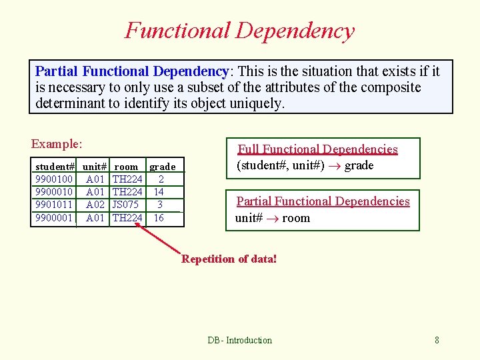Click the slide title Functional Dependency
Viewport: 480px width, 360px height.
(x=239, y=31)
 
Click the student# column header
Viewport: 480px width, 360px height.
(x=55, y=167)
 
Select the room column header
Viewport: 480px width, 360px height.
(x=126, y=167)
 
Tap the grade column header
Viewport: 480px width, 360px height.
(x=162, y=167)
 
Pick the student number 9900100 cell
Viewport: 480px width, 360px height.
(x=54, y=179)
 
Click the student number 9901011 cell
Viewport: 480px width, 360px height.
(x=54, y=205)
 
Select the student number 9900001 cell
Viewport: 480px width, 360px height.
(x=54, y=217)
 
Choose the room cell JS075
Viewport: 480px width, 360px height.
(x=126, y=205)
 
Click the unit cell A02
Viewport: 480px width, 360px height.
(x=95, y=205)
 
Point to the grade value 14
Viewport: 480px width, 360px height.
(x=159, y=192)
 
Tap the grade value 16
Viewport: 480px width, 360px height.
(x=159, y=217)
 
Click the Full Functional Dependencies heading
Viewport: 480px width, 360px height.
(x=318, y=149)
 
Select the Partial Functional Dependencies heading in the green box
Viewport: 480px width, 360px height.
(x=323, y=201)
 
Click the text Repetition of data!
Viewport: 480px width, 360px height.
(x=229, y=259)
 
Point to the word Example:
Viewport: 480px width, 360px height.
(x=57, y=144)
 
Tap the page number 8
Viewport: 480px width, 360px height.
(x=437, y=340)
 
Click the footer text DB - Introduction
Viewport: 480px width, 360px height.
(x=239, y=340)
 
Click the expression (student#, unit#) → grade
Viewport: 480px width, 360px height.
(x=305, y=165)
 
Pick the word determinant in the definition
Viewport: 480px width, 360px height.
(x=71, y=103)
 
